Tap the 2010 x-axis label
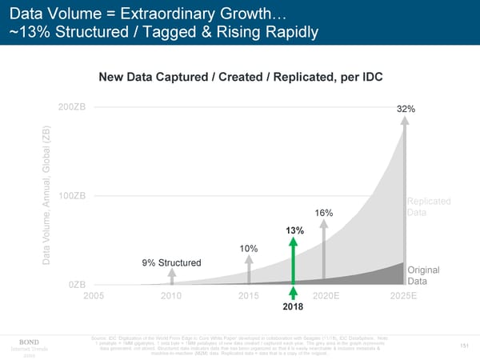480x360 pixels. [173, 296]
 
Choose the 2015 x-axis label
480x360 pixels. [250, 296]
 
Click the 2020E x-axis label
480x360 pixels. [327, 296]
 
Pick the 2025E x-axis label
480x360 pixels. [402, 296]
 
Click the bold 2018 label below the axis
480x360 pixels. [294, 306]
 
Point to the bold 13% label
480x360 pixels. [294, 232]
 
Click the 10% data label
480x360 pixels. [249, 249]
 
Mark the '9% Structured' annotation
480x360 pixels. [170, 262]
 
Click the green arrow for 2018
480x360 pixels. [294, 260]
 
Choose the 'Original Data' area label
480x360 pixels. [428, 275]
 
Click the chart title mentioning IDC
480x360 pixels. [239, 77]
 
